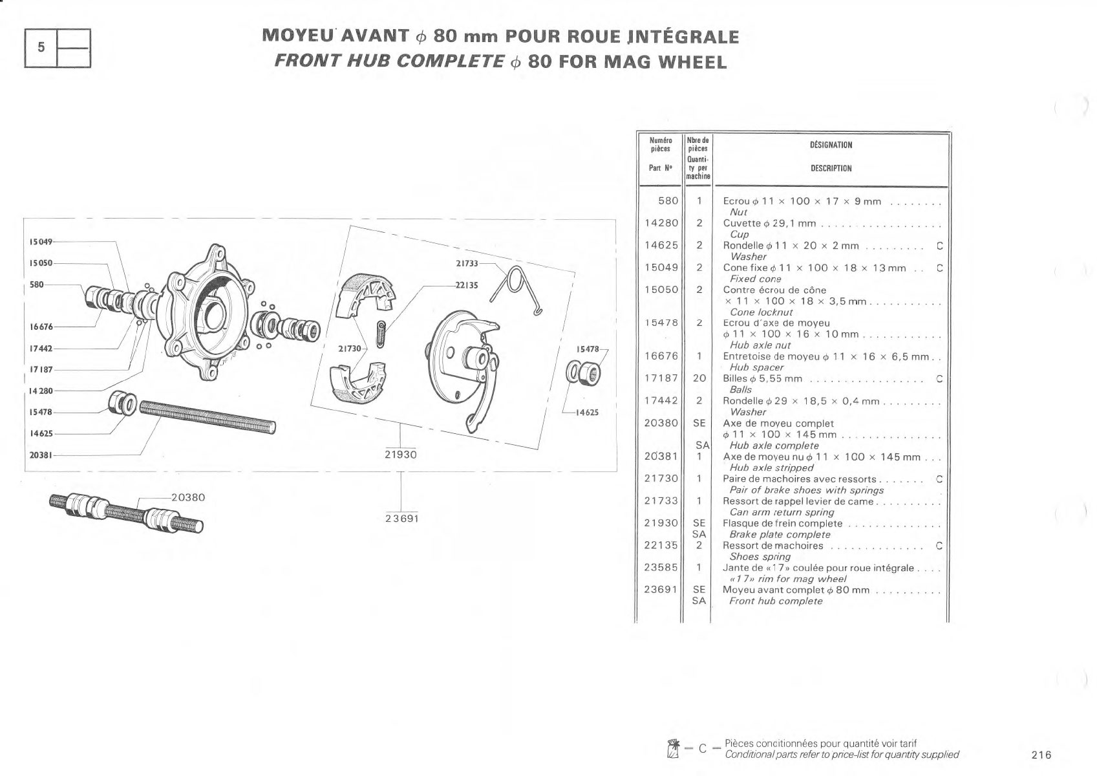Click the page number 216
tap(1041, 755)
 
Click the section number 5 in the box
tap(41, 47)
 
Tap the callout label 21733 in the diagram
tap(467, 264)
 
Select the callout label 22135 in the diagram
tap(466, 285)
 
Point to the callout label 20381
tap(41, 455)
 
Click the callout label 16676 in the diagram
tap(41, 327)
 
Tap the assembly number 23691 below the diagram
tap(402, 519)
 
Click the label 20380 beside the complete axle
tap(188, 498)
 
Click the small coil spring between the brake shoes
tap(381, 334)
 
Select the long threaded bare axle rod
tap(208, 417)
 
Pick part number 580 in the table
tap(668, 201)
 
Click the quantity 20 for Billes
tap(699, 378)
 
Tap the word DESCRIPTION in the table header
tap(831, 169)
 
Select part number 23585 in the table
tap(661, 567)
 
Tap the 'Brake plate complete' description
tap(780, 535)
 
